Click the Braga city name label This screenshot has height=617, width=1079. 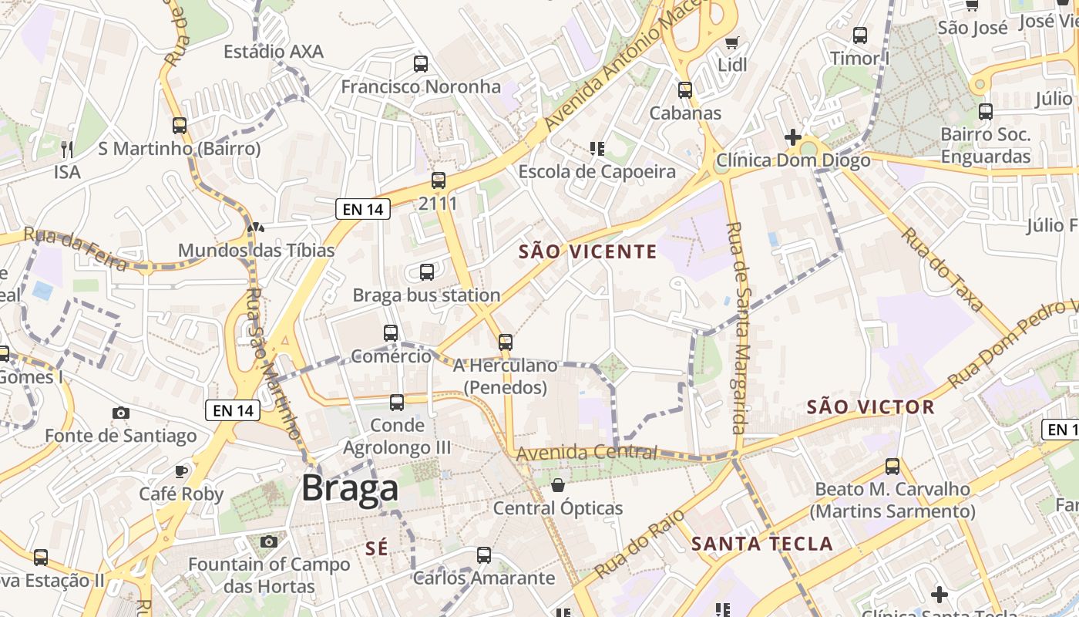(x=350, y=488)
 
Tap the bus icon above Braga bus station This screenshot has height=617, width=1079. (x=427, y=271)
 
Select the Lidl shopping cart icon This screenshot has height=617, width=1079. (x=731, y=42)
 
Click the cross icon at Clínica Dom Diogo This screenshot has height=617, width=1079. (x=793, y=137)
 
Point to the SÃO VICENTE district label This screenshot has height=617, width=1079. (x=588, y=251)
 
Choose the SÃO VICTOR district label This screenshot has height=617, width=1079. (x=870, y=407)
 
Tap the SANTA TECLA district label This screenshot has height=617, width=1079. (x=762, y=544)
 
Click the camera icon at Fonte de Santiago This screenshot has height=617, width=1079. (x=121, y=413)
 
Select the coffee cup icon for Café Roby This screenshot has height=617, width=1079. (x=181, y=470)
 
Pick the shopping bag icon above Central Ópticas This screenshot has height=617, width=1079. (x=558, y=485)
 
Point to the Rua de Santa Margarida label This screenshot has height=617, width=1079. (x=739, y=328)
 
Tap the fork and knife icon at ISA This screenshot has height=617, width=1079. (x=67, y=148)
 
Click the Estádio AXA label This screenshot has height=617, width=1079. (x=274, y=52)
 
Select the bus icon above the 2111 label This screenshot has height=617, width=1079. (x=439, y=180)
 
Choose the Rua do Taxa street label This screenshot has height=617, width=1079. (x=943, y=269)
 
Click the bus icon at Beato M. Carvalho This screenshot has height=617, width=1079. (x=892, y=466)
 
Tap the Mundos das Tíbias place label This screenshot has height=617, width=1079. (x=257, y=251)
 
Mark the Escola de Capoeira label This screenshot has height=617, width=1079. (x=597, y=172)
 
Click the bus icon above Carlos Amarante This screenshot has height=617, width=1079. (x=484, y=555)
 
